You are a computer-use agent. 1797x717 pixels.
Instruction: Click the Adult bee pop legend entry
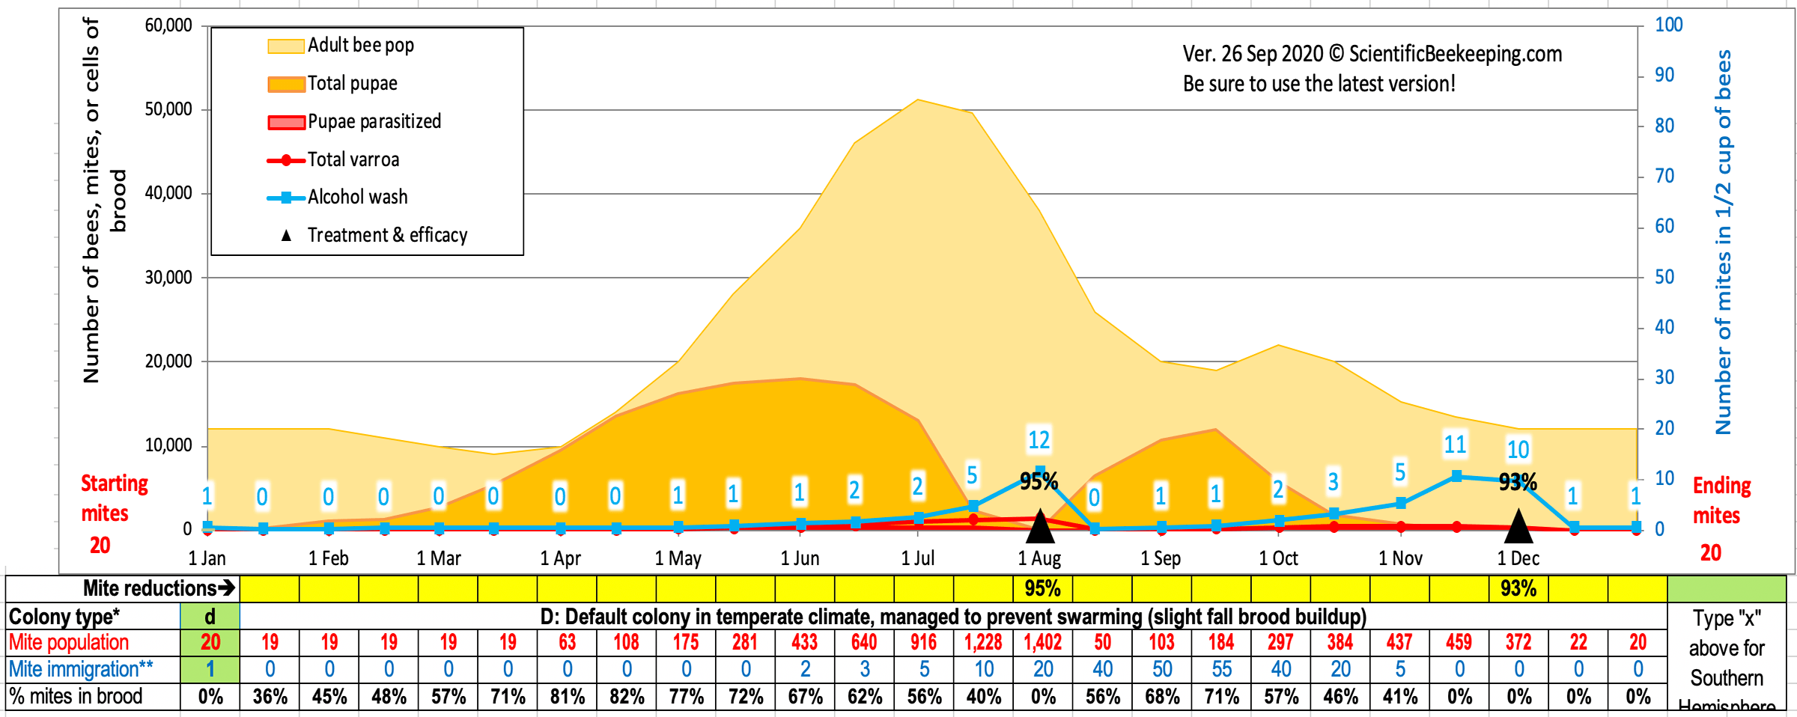360,46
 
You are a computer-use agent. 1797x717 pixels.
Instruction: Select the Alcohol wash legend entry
357,198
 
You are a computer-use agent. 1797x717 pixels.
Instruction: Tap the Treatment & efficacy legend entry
386,236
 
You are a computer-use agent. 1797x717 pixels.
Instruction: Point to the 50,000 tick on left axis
168,109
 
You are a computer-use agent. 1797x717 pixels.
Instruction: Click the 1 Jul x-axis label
917,558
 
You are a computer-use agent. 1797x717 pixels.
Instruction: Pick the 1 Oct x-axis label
1278,558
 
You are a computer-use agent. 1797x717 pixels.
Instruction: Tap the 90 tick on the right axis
1664,75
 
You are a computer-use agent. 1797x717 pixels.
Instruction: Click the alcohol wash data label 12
1039,440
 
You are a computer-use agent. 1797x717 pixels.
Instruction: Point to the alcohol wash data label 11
1455,445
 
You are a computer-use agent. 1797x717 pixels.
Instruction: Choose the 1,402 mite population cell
1043,642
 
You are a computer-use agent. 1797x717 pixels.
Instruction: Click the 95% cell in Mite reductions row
1043,589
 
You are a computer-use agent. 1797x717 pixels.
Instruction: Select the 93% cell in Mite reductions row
1518,589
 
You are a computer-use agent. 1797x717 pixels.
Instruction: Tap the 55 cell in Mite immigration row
1221,669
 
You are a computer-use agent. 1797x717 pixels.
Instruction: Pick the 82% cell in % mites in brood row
627,697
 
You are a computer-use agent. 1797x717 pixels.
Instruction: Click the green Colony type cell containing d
210,617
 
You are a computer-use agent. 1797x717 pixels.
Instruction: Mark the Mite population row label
69,642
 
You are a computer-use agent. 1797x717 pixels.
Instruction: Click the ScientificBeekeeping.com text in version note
1455,54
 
